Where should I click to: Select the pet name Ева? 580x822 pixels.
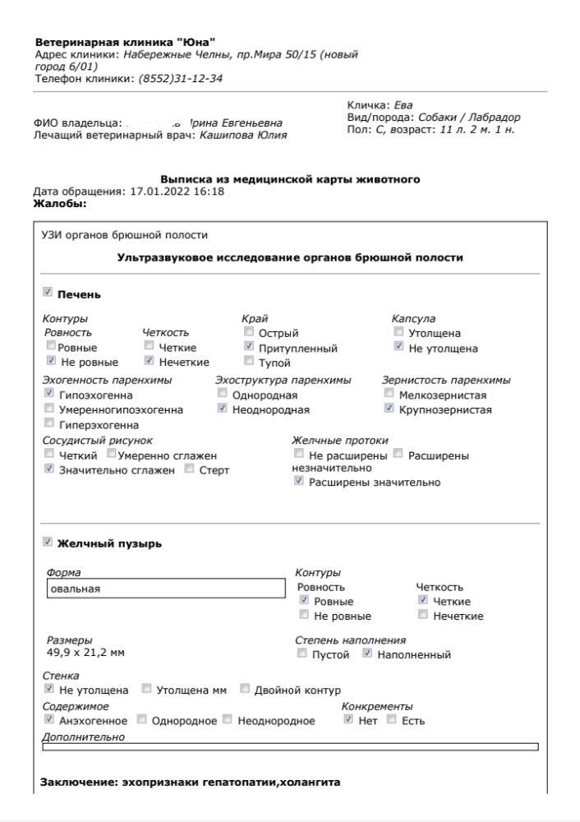403,105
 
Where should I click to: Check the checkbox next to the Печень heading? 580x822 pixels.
47,293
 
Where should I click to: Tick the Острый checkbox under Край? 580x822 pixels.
249,333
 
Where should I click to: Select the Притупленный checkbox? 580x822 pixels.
249,348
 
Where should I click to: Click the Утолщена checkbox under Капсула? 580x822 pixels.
399,333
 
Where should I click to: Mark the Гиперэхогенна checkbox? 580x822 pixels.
49,424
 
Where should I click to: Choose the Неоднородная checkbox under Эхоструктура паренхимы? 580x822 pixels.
222,409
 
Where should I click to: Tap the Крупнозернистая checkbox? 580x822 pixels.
389,409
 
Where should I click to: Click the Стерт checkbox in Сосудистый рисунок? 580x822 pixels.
190,469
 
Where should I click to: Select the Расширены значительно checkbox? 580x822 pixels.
299,482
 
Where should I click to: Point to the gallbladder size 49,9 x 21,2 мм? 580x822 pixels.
81,653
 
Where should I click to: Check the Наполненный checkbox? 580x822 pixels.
368,654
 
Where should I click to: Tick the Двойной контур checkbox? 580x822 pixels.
245,689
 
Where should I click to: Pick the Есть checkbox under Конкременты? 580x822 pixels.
391,720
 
